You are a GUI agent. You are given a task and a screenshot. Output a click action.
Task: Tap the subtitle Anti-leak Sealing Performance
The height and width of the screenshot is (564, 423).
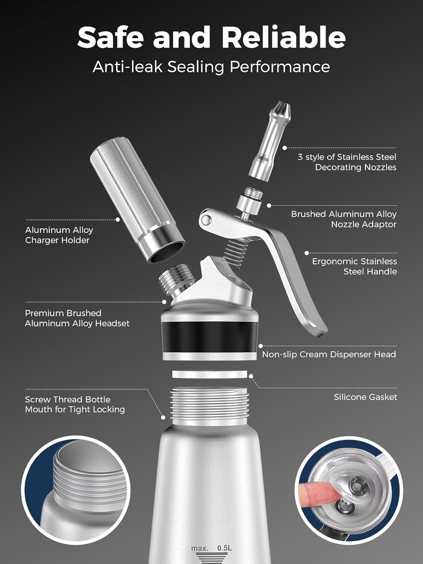pyautogui.click(x=211, y=67)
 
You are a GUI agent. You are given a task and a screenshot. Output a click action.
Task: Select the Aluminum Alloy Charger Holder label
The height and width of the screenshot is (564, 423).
pyautogui.click(x=59, y=235)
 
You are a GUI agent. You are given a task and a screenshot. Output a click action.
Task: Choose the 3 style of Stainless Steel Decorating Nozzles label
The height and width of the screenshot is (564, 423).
pyautogui.click(x=347, y=162)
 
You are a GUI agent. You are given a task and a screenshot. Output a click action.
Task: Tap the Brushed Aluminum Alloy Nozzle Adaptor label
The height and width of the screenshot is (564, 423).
pyautogui.click(x=344, y=219)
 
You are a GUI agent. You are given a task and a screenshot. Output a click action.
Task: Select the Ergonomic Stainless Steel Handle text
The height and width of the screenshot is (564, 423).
pyautogui.click(x=354, y=266)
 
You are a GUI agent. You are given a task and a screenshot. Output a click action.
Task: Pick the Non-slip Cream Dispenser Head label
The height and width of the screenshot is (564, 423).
pyautogui.click(x=329, y=354)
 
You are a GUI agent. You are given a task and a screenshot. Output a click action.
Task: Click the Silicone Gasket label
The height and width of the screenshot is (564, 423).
pyautogui.click(x=365, y=397)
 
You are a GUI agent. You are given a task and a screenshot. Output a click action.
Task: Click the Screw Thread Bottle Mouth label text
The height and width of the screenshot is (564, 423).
pyautogui.click(x=75, y=405)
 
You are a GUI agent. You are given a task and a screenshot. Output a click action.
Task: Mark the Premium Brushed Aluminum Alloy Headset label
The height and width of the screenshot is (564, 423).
pyautogui.click(x=77, y=318)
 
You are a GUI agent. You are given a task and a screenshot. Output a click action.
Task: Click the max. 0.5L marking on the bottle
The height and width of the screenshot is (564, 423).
pyautogui.click(x=211, y=548)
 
